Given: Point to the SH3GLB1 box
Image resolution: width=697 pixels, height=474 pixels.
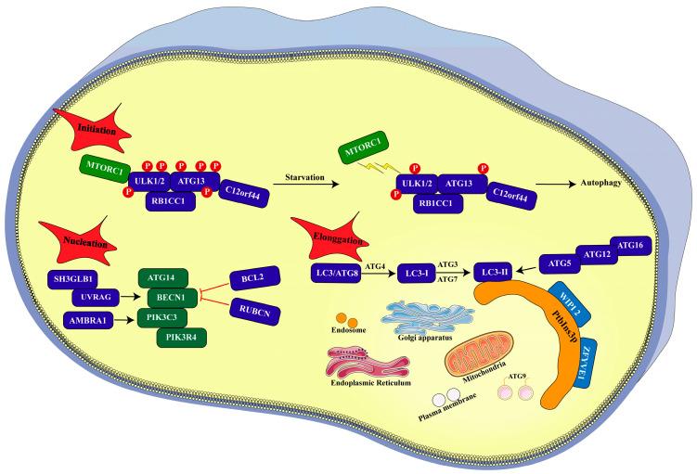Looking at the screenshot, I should coord(79,277).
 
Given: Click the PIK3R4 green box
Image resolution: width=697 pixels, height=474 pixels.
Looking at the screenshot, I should coord(183,337).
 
